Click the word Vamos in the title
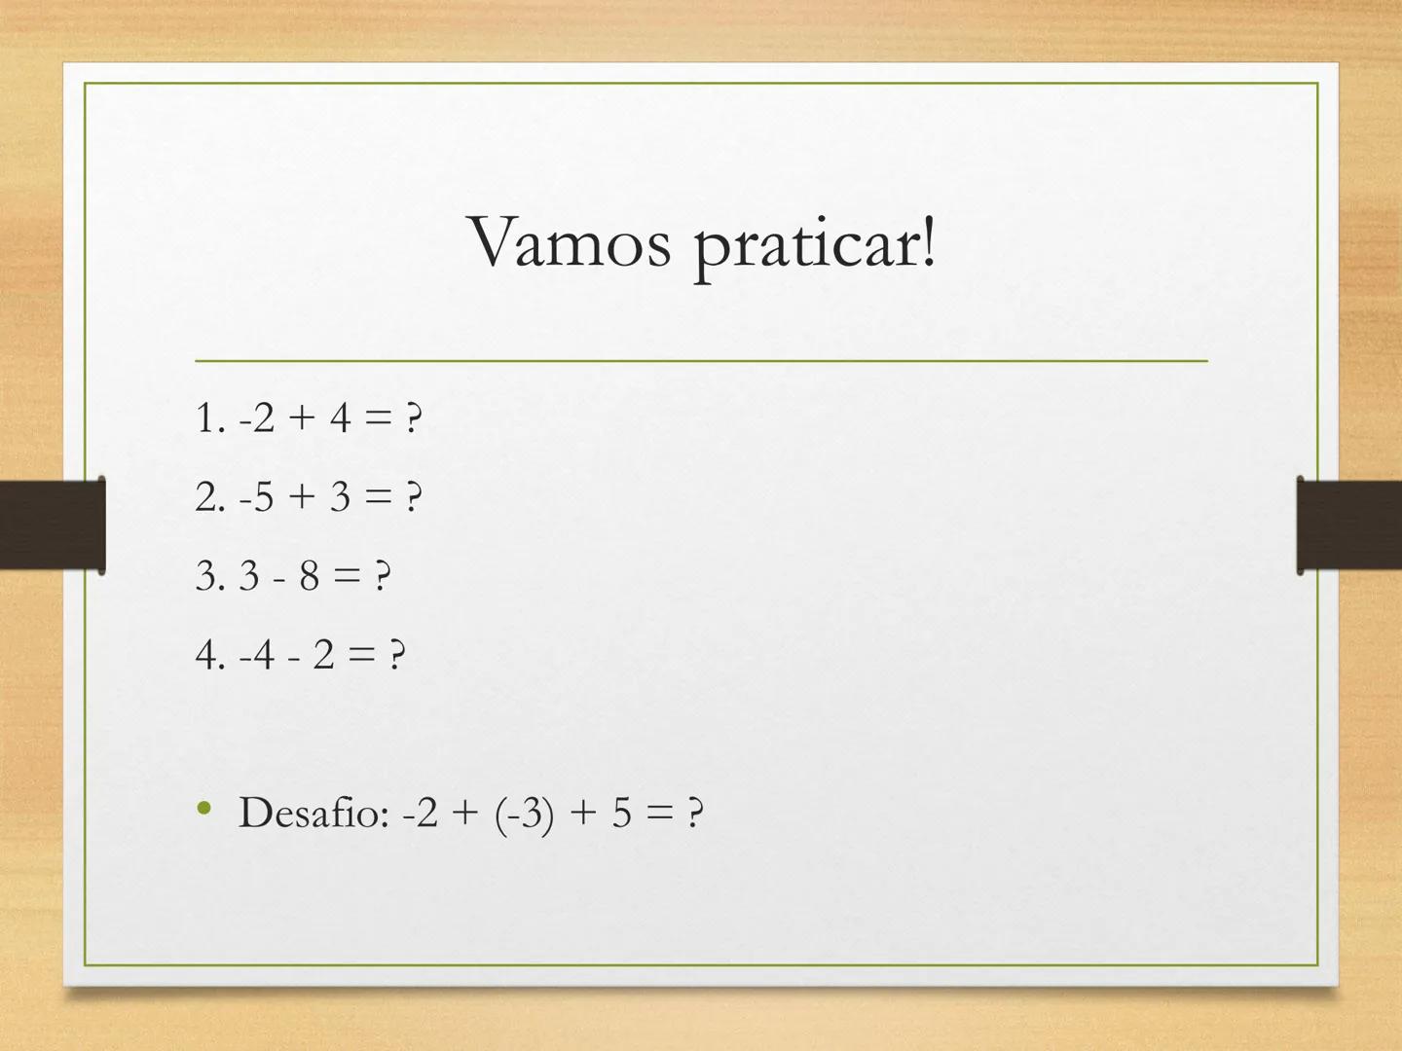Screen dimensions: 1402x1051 tap(570, 242)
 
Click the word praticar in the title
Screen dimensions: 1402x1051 tap(807, 248)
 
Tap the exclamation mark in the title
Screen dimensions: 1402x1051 tap(928, 242)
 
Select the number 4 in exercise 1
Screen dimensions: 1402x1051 tap(340, 418)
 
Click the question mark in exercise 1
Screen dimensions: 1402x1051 tap(414, 418)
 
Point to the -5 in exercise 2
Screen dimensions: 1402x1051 tap(257, 497)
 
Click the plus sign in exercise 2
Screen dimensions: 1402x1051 tap(302, 496)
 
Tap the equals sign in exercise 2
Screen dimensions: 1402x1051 tap(378, 496)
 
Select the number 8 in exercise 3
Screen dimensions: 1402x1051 tap(310, 575)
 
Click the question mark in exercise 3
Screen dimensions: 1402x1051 tap(383, 575)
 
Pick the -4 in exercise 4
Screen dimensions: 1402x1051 tap(257, 655)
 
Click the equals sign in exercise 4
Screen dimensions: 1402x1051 tap(361, 655)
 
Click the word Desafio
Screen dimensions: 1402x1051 tap(314, 813)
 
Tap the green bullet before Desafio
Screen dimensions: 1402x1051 tap(204, 809)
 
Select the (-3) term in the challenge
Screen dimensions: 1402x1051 tap(524, 815)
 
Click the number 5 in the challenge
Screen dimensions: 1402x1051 tap(621, 813)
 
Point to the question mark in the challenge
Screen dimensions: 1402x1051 tap(695, 813)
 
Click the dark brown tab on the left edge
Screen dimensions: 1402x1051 tap(53, 525)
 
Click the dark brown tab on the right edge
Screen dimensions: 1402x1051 tap(1349, 525)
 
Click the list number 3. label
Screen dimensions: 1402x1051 tap(210, 576)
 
